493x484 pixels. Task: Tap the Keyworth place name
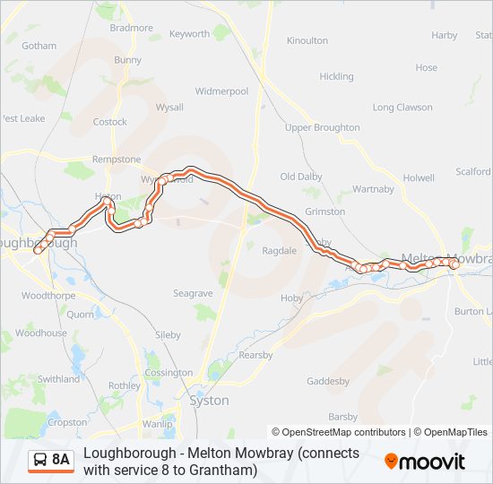point(189,34)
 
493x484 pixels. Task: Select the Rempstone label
point(117,160)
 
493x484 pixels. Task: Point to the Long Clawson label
point(402,108)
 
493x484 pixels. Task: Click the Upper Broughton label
point(322,128)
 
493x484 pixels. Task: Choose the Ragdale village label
point(279,251)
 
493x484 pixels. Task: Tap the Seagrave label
point(193,293)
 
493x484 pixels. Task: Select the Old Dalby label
point(301,177)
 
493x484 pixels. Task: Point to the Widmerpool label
point(221,91)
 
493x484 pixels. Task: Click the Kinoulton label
point(307,40)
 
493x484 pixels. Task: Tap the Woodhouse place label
point(41,333)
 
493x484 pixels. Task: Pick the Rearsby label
point(255,356)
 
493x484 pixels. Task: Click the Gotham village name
point(39,46)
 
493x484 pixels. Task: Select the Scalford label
point(472,171)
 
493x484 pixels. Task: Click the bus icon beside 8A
point(39,461)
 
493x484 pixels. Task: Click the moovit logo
point(425,462)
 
